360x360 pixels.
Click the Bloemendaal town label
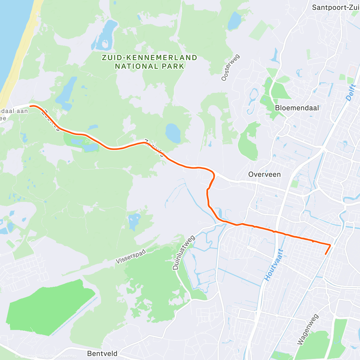click(297, 108)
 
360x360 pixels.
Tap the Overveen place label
click(264, 175)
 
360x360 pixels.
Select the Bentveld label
click(102, 354)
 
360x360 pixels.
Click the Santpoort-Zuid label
click(335, 7)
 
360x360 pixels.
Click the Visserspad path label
click(131, 256)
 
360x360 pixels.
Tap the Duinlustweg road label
click(184, 253)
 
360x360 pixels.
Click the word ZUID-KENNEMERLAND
click(149, 58)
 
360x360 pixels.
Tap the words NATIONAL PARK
click(149, 66)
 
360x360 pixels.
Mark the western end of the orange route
click(30, 106)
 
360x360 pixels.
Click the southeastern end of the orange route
click(325, 254)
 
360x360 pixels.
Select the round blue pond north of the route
click(173, 133)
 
